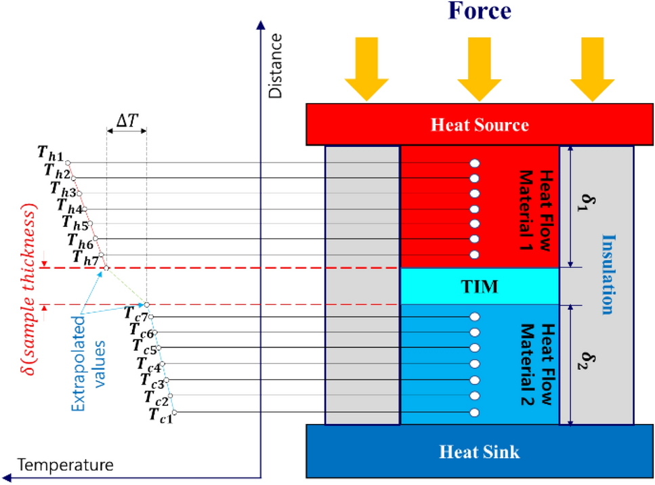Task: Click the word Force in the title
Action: (478, 12)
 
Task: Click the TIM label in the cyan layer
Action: (480, 287)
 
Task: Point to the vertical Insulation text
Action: (608, 274)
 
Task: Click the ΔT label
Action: (127, 119)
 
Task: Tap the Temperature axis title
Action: (65, 465)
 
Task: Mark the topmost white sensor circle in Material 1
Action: (475, 163)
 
